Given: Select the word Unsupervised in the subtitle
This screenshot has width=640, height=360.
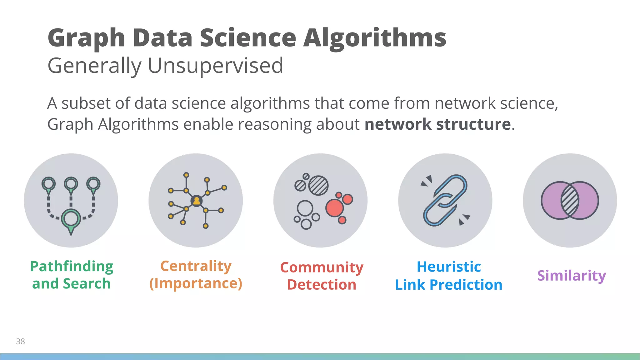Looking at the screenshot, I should point(215,66).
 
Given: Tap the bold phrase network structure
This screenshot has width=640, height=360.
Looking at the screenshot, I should point(437,124).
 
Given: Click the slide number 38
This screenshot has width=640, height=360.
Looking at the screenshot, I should point(20,341).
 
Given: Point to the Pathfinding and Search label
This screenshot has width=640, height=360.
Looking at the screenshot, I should point(72,275).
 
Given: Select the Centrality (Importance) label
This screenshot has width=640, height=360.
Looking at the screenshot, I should point(196,275).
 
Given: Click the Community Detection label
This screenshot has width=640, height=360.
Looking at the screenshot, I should point(322,276).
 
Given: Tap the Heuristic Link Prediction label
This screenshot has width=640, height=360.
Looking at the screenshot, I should point(448,276).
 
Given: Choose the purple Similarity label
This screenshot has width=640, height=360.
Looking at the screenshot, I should point(572,275).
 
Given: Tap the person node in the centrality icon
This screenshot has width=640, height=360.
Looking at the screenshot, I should point(197,201).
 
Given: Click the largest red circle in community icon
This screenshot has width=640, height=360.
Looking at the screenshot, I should point(334,208).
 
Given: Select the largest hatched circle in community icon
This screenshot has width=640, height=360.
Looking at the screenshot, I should point(318,186).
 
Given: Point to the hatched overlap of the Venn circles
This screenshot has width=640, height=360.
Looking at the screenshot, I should point(570,201).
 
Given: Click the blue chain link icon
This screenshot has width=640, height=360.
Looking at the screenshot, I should point(445,200).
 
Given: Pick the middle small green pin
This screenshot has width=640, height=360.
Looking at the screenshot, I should point(71,184).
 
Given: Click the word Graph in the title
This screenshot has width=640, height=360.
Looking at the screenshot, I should point(86,38).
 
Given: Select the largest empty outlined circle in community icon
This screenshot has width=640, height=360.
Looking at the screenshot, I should point(305,208).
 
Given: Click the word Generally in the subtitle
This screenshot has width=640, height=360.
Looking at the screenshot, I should point(94,66).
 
